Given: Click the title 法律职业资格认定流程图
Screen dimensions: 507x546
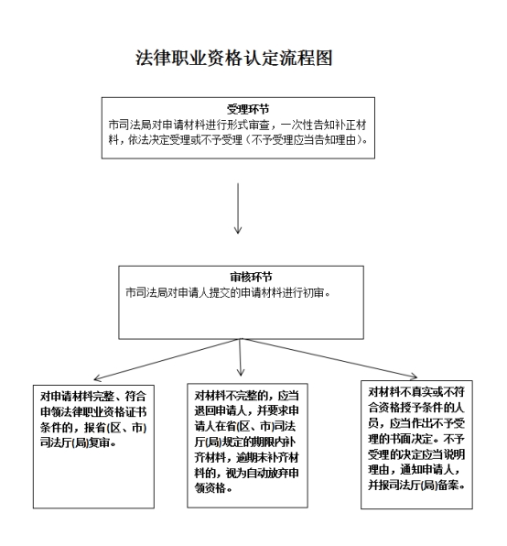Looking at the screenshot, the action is (234, 58).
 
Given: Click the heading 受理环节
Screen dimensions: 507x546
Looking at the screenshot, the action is (248, 109).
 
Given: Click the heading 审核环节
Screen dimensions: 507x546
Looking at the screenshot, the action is (251, 278).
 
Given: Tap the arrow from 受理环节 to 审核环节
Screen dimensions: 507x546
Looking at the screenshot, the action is (238, 208).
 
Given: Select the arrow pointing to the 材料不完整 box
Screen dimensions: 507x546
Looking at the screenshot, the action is (241, 357).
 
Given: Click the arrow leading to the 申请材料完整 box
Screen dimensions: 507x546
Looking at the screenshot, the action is (167, 359).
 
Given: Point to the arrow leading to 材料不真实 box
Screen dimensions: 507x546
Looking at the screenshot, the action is (329, 358).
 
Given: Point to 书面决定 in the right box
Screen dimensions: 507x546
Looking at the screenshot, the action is (413, 439).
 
